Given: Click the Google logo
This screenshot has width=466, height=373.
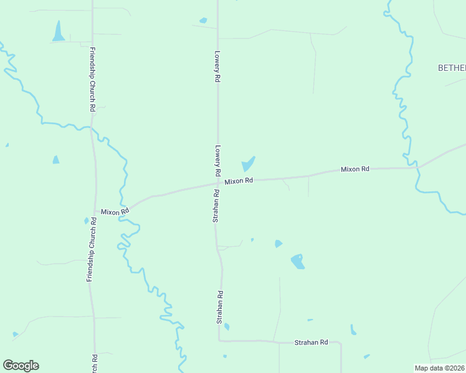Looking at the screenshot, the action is tap(21, 366).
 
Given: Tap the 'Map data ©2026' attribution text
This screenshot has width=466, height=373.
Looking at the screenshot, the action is tap(439, 368).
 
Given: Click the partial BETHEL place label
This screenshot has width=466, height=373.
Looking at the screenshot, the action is tap(452, 68).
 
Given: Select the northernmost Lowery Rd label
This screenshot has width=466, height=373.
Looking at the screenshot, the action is tap(217, 67).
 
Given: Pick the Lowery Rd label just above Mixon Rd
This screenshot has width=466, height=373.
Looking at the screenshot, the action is tap(218, 161).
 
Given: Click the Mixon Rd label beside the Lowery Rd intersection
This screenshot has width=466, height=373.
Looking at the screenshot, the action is tap(239, 181).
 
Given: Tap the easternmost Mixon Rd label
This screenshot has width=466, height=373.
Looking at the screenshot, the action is tap(355, 169).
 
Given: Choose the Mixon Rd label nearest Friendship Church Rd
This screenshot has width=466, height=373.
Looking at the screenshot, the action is tap(115, 211).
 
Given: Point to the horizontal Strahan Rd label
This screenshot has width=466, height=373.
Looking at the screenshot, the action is tap(311, 343).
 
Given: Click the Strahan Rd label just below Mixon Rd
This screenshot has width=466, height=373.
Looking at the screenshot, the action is tap(216, 205).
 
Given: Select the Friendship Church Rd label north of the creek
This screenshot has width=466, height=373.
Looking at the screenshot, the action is tap(92, 80).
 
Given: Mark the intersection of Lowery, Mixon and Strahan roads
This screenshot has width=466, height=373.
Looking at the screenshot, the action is tap(217, 183).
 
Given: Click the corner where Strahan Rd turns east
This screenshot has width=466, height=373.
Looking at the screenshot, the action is tap(219, 340).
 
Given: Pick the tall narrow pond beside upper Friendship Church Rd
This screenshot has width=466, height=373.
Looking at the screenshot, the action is tap(59, 31).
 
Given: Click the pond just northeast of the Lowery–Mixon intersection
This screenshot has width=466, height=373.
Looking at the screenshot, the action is tap(249, 163).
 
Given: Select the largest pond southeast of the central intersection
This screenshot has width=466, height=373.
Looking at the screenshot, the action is tap(297, 261).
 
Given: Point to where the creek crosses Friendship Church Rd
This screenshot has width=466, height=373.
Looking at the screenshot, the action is tap(92, 127).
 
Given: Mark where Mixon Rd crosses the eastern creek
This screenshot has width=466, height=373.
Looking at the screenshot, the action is tap(416, 168).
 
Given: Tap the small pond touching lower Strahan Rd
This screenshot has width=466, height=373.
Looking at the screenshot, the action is tap(227, 326).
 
